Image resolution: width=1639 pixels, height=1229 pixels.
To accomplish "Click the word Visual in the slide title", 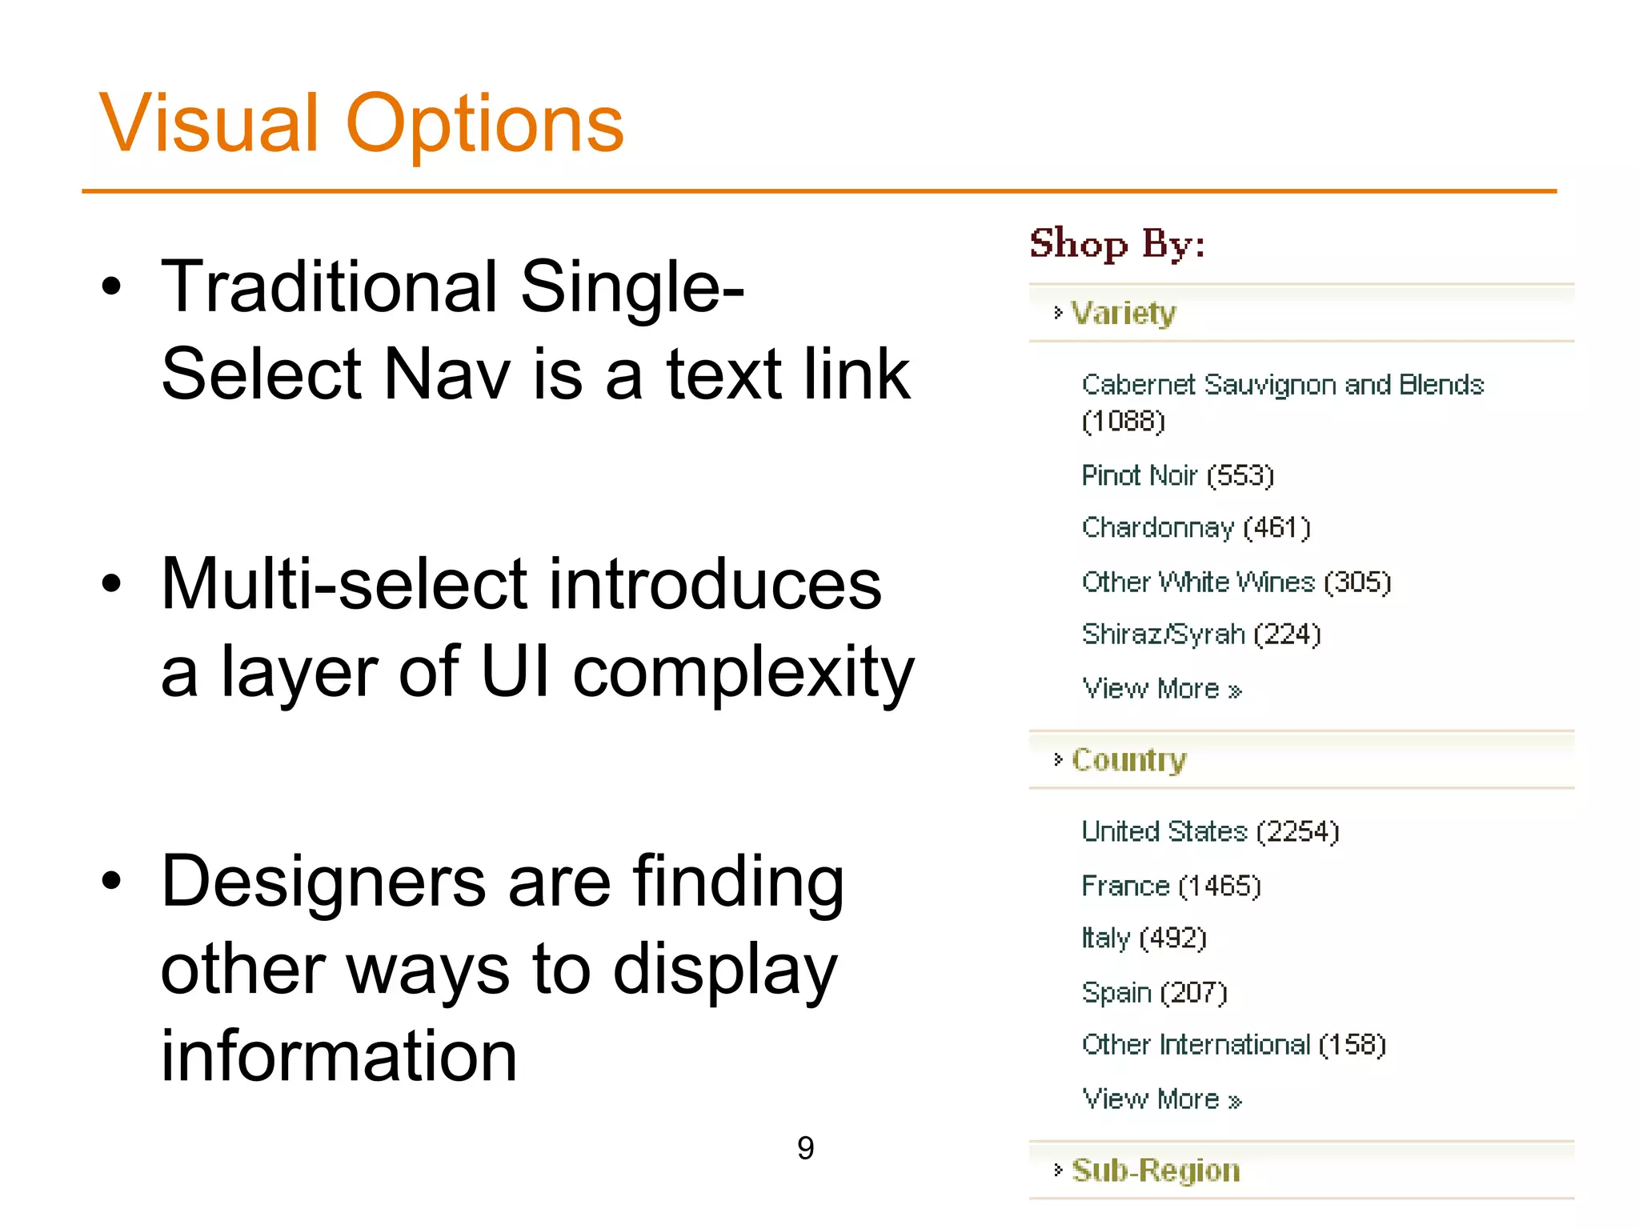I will pyautogui.click(x=210, y=124).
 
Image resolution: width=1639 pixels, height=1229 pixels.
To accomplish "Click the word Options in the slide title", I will pyautogui.click(x=484, y=124).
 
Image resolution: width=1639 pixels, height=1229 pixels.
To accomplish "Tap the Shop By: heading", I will pyautogui.click(x=1117, y=243).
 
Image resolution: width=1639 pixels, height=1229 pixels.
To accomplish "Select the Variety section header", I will pyautogui.click(x=1124, y=313).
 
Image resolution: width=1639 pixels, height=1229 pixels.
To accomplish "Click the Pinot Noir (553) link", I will pyautogui.click(x=1177, y=475).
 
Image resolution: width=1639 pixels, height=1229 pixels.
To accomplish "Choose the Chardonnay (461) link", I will pyautogui.click(x=1196, y=528).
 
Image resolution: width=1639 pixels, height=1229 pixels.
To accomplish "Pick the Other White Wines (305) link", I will pyautogui.click(x=1236, y=582).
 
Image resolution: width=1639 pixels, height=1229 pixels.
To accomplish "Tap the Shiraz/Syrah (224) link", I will pyautogui.click(x=1201, y=635).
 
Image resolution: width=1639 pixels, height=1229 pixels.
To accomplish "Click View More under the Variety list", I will pyautogui.click(x=1161, y=689).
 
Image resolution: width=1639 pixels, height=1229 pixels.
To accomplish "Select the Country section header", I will pyautogui.click(x=1128, y=759).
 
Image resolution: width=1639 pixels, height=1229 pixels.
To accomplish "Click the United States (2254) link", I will pyautogui.click(x=1210, y=832).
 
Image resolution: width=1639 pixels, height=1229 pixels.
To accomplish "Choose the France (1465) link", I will pyautogui.click(x=1171, y=886).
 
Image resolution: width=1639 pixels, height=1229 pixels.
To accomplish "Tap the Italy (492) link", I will pyautogui.click(x=1144, y=938).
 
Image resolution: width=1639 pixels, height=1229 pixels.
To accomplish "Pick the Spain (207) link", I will pyautogui.click(x=1154, y=992).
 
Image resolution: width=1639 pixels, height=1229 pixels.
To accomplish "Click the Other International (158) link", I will pyautogui.click(x=1233, y=1045).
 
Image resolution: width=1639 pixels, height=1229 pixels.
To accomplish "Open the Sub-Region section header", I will pyautogui.click(x=1156, y=1171).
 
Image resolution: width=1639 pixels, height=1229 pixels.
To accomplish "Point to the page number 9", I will pyautogui.click(x=806, y=1148).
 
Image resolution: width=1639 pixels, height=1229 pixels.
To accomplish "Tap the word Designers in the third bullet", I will pyautogui.click(x=323, y=882).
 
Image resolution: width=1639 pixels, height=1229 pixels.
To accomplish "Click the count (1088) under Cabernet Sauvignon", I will pyautogui.click(x=1123, y=421).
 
